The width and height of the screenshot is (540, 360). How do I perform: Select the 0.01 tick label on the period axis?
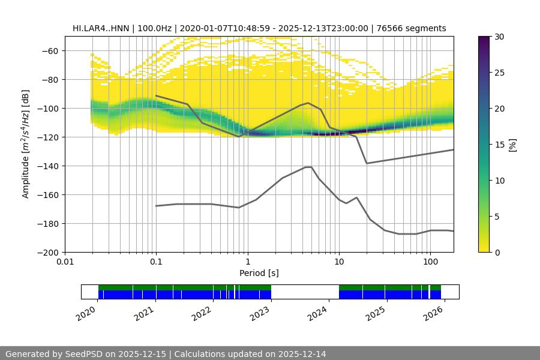[x=65, y=262]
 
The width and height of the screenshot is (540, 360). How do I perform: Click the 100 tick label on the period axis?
[x=430, y=262]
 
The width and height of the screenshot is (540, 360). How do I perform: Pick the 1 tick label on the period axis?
[x=248, y=262]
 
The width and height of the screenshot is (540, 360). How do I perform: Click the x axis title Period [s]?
[x=259, y=273]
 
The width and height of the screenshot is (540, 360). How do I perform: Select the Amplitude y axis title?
[x=26, y=145]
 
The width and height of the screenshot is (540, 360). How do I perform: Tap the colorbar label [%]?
[x=512, y=145]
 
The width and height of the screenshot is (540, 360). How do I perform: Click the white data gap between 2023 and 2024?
[x=305, y=292]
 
